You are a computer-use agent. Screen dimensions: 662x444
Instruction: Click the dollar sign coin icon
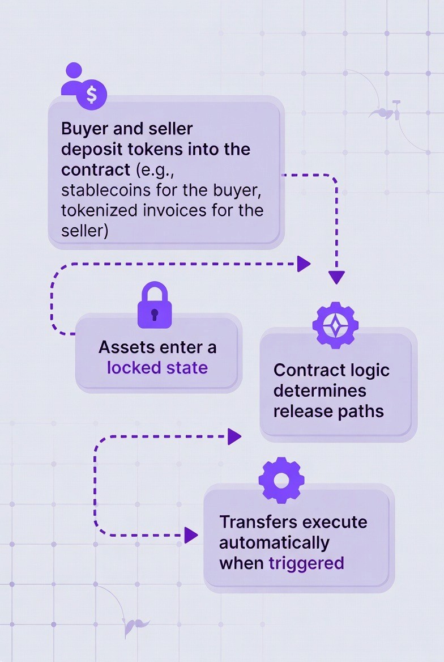click(x=92, y=94)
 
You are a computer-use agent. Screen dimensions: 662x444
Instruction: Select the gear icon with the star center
click(x=335, y=325)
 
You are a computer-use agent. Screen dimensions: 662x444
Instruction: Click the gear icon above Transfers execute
click(x=281, y=480)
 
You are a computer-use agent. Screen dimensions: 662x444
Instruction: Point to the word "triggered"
click(x=306, y=563)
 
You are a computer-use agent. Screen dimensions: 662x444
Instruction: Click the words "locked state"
click(x=157, y=368)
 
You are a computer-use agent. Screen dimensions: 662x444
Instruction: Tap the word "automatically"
click(x=274, y=542)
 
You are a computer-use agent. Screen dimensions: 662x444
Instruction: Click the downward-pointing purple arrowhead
click(x=336, y=277)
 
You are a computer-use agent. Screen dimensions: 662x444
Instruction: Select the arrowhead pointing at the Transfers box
click(x=191, y=534)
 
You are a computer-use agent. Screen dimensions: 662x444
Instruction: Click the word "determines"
click(x=319, y=391)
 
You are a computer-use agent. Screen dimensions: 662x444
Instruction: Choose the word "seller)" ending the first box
click(x=84, y=231)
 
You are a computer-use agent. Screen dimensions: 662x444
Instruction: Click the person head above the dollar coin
click(x=74, y=70)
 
